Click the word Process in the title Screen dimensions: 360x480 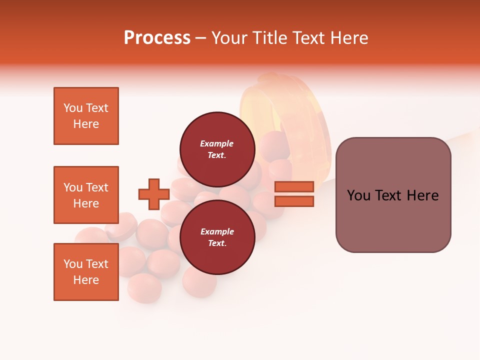(x=157, y=38)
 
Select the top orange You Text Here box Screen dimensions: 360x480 (x=86, y=116)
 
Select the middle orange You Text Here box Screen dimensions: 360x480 (x=86, y=195)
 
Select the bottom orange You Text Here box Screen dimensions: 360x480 (x=86, y=272)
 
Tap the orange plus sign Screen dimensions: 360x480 (x=153, y=194)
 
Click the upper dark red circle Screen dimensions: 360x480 (x=217, y=149)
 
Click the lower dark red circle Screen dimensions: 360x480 (x=217, y=237)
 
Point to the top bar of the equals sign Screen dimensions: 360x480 (x=294, y=186)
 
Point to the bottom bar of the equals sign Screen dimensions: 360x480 (x=294, y=201)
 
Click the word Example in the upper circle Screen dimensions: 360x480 (x=217, y=143)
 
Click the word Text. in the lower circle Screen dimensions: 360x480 (x=217, y=243)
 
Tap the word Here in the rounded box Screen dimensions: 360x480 (x=422, y=195)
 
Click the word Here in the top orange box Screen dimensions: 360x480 (x=86, y=124)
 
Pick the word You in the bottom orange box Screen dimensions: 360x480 (x=73, y=264)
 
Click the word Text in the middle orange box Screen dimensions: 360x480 (x=97, y=187)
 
